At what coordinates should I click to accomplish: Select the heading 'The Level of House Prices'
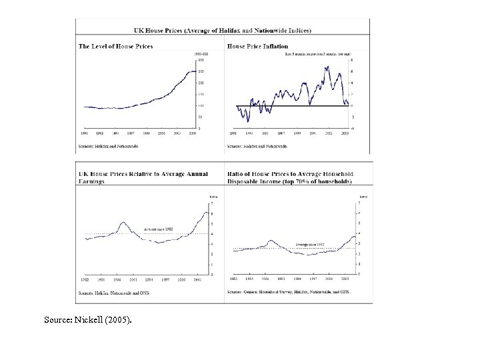(x=116, y=46)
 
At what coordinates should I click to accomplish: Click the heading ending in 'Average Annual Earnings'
(x=143, y=177)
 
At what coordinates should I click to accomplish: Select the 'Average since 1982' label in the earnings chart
(x=158, y=229)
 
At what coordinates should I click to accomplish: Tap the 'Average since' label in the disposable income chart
(x=310, y=245)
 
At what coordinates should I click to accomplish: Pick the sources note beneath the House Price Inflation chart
(x=257, y=145)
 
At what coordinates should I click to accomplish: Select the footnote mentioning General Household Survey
(x=289, y=292)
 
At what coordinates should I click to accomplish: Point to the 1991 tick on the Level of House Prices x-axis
(x=85, y=133)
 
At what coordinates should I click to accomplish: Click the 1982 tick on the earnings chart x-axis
(x=85, y=280)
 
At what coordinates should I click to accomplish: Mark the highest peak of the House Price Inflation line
(x=326, y=67)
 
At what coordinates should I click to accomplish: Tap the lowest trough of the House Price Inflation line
(x=248, y=121)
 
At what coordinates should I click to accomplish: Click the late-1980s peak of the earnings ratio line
(x=123, y=223)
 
